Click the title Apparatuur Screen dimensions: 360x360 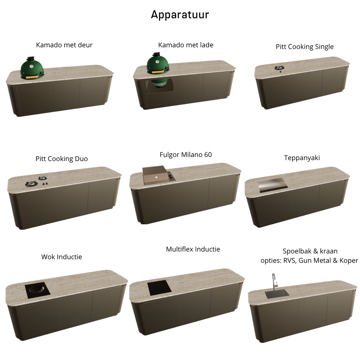point(180,15)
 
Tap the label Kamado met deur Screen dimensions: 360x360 point(64,45)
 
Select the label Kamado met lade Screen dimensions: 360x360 point(186,45)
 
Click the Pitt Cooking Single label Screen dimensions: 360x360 point(305,47)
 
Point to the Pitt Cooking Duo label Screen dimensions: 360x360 point(61,159)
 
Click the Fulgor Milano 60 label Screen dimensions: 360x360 point(186,155)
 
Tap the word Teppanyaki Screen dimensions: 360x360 point(302,158)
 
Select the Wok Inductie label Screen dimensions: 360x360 point(61,257)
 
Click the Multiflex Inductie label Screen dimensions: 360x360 point(193,249)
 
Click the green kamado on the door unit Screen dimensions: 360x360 point(32,68)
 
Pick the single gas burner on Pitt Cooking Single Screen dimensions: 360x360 point(279,68)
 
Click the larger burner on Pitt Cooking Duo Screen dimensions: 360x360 point(31,184)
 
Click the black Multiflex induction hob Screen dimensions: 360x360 point(159,288)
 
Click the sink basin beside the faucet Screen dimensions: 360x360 point(277,294)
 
